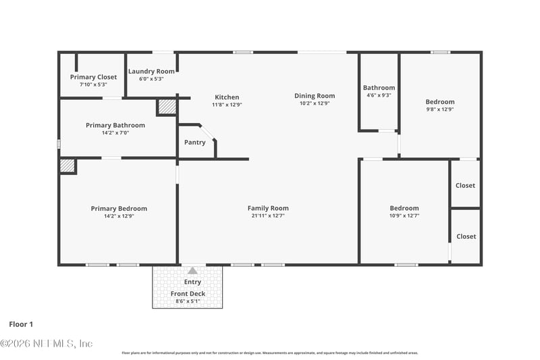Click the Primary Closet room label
coord(93,77)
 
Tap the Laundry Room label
coord(152,71)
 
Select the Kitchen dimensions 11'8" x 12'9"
coord(227,105)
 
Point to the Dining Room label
coord(311,96)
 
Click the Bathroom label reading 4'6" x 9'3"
coord(379,88)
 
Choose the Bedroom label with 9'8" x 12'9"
coord(440,102)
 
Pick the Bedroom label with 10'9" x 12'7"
coord(404,208)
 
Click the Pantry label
coord(195,143)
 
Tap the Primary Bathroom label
coord(115,125)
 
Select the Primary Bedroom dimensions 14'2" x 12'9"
coord(119,217)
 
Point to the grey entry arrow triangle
coord(192,270)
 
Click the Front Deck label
coord(188,294)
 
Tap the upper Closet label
coord(465,185)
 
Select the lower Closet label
coord(465,236)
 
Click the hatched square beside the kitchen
coord(166,107)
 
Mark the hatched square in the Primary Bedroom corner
coord(67,165)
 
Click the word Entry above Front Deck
coord(192,282)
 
